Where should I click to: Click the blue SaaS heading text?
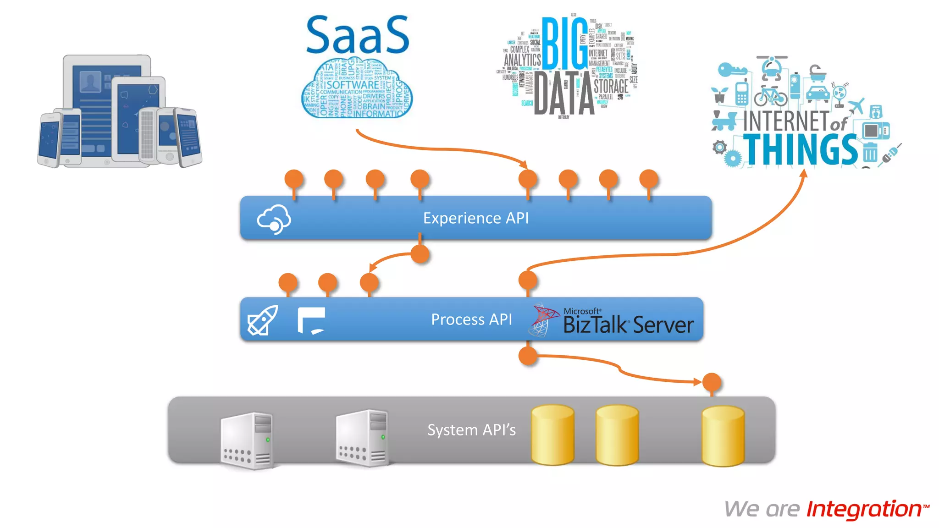pos(357,35)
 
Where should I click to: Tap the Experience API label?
pos(475,218)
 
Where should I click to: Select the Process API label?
pos(471,319)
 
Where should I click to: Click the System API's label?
pos(471,430)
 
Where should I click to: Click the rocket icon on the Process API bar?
pos(262,320)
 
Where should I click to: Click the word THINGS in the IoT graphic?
pos(800,150)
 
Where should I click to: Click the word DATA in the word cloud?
pos(564,94)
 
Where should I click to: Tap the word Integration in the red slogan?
pos(864,509)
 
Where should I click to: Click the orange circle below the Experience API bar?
pos(420,253)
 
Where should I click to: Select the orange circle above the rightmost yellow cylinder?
pos(712,382)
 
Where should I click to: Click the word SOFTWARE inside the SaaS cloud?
pos(353,85)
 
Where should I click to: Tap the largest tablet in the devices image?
pos(107,110)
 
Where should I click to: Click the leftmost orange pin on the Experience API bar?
pos(294,179)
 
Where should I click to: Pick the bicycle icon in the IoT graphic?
pos(771,95)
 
